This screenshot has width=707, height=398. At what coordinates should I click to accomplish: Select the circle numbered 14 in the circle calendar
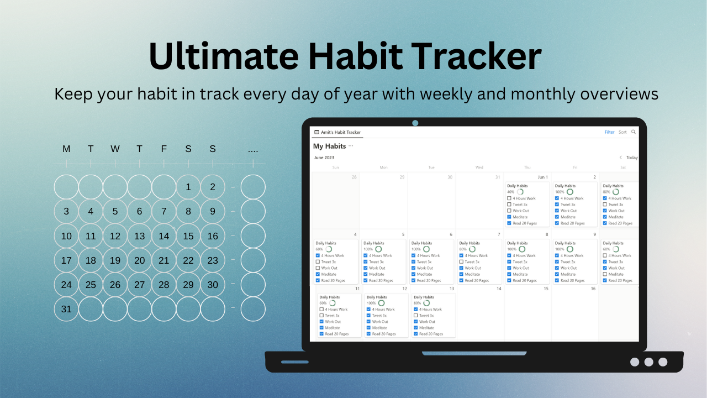point(164,236)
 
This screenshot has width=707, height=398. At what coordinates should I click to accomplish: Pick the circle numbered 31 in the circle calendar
point(66,309)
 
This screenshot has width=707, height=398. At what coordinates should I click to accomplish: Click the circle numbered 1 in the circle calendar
point(188,187)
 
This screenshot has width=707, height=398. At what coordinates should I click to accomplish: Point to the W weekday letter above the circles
point(115,149)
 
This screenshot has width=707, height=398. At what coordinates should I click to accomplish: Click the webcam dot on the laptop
point(415,123)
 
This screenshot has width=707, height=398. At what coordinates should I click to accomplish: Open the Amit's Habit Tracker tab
point(337,132)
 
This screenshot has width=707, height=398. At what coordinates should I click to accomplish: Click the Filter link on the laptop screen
point(609,132)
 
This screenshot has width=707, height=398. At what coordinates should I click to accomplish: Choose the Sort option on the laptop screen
point(622,132)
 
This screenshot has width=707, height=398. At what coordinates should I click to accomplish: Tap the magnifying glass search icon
point(634,132)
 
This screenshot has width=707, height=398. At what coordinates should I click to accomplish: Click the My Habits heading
point(329,146)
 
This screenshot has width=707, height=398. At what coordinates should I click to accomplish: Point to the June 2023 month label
point(324,158)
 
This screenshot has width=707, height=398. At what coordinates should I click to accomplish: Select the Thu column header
point(527,167)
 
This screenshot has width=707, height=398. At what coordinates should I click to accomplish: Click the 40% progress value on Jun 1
point(511,192)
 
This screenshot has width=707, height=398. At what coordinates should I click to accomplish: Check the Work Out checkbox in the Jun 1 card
point(509,211)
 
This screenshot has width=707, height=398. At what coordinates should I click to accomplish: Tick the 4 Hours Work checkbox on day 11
point(321,310)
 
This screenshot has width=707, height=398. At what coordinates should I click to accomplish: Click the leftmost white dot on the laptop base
point(635,362)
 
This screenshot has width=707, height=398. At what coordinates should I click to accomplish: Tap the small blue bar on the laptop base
point(295,362)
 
